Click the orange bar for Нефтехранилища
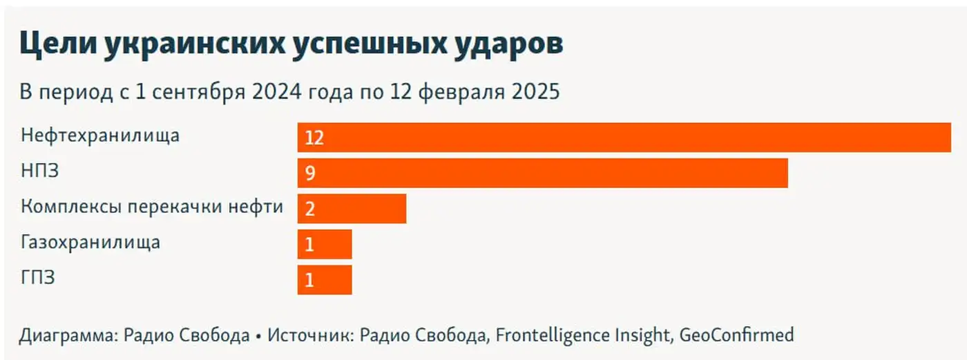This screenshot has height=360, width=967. (624, 137)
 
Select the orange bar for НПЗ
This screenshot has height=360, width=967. (542, 173)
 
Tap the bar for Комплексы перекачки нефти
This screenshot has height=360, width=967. (352, 209)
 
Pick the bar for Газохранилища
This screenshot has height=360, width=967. (325, 244)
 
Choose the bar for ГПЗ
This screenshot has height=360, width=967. (325, 280)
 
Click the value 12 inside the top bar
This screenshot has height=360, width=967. (314, 138)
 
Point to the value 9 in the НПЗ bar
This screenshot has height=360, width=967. (310, 173)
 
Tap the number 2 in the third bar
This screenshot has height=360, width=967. (310, 209)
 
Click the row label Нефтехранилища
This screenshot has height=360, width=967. (100, 135)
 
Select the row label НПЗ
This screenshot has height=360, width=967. (39, 171)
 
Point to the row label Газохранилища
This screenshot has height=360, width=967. (90, 243)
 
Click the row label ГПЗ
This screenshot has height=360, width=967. (38, 278)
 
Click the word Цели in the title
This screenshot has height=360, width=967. (57, 44)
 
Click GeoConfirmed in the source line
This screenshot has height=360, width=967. (736, 336)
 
